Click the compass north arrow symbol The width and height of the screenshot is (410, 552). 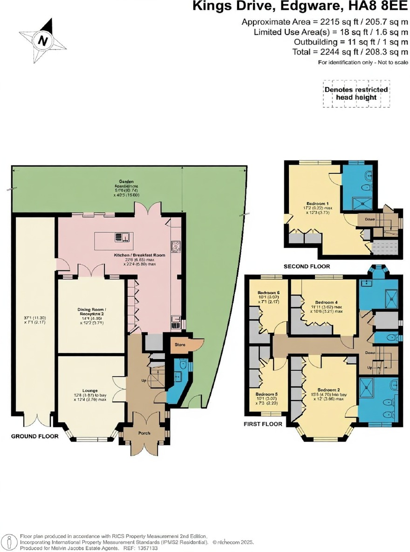tap(43, 40)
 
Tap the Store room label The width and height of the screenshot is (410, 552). tap(180, 345)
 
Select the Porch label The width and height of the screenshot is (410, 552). tap(144, 432)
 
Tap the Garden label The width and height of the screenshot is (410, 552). tap(126, 181)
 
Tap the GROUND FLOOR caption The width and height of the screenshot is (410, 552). tap(35, 436)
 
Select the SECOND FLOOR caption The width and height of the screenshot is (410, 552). tap(307, 266)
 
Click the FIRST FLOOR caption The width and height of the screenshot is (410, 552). tap(264, 424)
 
